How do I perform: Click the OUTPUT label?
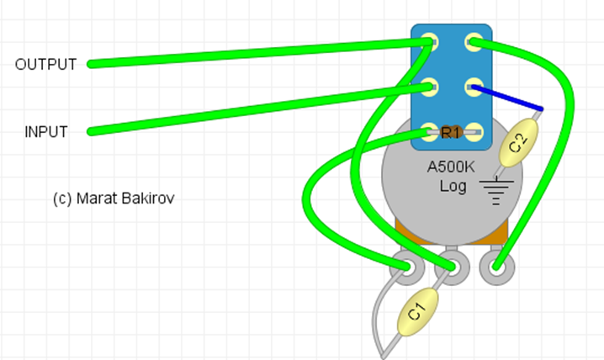[x=45, y=64]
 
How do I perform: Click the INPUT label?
[x=46, y=132]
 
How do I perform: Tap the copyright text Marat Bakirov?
[x=114, y=199]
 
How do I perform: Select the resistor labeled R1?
[x=451, y=132]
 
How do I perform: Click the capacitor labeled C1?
[x=417, y=311]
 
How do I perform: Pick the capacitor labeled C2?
[x=518, y=143]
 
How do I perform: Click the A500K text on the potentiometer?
[x=451, y=167]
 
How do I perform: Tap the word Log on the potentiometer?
[x=453, y=187]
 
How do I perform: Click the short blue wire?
[x=507, y=98]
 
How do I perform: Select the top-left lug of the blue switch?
[x=429, y=42]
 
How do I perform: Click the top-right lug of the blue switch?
[x=474, y=42]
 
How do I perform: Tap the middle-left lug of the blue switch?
[x=429, y=87]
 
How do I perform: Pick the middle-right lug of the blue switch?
[x=474, y=87]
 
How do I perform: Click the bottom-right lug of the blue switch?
[x=474, y=132]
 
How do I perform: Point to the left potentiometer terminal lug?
[x=407, y=267]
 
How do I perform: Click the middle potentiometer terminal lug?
[x=452, y=267]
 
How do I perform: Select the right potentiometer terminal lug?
[x=497, y=267]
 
